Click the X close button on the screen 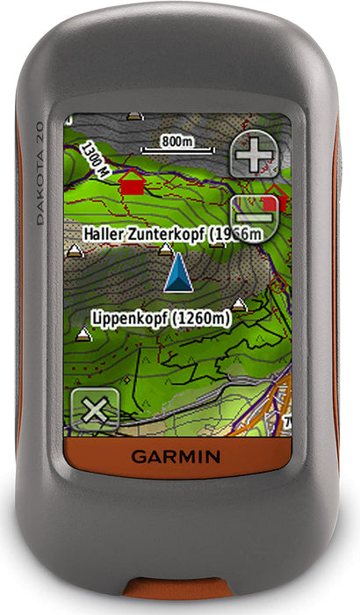(x=95, y=409)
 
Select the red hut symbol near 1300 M (x=132, y=183)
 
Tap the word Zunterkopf (x=170, y=234)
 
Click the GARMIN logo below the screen (x=176, y=457)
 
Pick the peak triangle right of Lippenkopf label (x=239, y=304)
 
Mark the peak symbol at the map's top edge (x=134, y=115)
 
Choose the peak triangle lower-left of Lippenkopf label (x=84, y=334)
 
